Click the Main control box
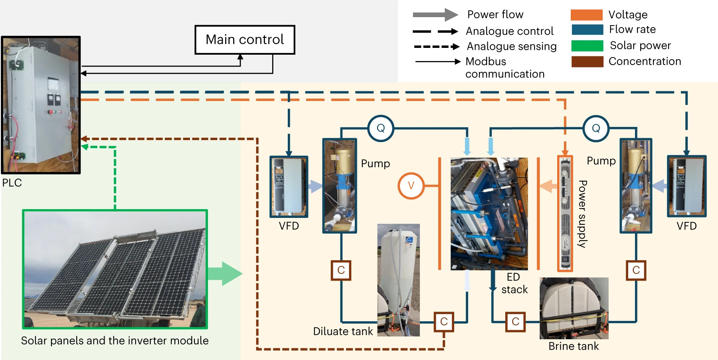point(245,40)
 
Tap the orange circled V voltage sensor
point(411,186)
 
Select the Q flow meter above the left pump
point(380,128)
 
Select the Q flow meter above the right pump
point(595,128)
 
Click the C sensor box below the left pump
point(341,270)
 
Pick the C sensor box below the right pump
point(636,270)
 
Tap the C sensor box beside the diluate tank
point(444,322)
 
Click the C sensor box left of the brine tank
point(515,322)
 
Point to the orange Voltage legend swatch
point(586,15)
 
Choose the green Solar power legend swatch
point(587,45)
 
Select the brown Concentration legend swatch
point(587,61)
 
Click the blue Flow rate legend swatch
point(587,30)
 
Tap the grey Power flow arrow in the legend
point(435,15)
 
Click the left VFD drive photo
point(289,186)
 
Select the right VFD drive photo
point(686,186)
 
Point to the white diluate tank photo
point(398,279)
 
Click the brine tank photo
point(574,308)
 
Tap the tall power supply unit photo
point(565,213)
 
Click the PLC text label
point(12,183)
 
